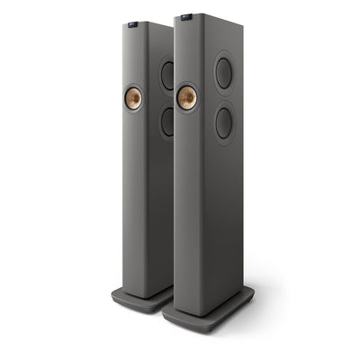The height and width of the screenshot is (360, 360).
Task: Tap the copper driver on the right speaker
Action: click(187, 96)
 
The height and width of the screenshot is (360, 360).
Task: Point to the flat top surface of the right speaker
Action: click(211, 16)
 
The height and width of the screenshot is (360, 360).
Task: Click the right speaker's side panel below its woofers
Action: click(229, 207)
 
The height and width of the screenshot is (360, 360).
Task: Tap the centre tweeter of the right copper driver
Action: click(187, 96)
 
